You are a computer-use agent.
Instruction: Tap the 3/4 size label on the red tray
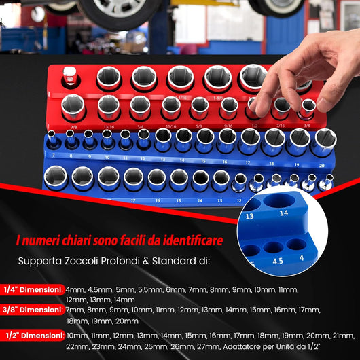point(140,125)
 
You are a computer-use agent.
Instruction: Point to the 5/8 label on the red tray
point(199,125)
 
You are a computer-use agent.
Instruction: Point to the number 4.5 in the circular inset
point(277,258)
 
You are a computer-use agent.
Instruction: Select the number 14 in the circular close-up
point(283,213)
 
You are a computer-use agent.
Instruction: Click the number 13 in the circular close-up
point(251,216)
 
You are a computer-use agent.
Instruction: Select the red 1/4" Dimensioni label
point(33,289)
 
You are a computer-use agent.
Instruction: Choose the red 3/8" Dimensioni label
point(33,310)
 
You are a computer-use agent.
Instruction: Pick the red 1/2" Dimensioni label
point(33,336)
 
